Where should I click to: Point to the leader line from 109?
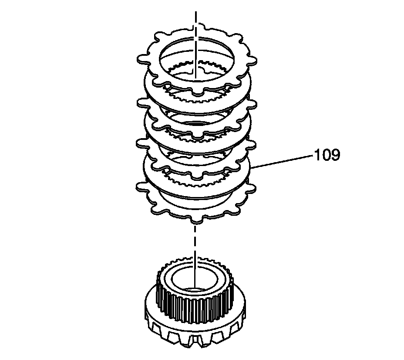283,160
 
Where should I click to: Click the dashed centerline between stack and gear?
196,244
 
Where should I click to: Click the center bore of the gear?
194,281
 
